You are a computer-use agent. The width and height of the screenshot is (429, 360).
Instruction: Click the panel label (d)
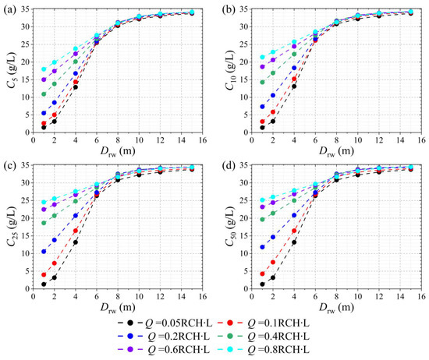point(229,166)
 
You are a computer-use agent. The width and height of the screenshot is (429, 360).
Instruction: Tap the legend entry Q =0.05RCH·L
point(165,323)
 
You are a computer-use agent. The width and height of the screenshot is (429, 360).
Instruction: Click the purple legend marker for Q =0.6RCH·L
point(130,350)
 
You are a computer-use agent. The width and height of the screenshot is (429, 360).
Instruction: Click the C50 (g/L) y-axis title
point(230,226)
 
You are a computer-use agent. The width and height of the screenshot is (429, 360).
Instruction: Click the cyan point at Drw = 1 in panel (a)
point(44,69)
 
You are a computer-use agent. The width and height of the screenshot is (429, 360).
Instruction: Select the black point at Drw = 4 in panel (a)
point(76,87)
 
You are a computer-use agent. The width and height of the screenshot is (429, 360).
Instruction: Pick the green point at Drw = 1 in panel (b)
point(262,82)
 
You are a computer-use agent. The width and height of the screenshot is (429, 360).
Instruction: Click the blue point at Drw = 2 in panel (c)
point(55,240)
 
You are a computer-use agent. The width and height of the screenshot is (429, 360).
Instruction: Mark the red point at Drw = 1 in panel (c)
point(44,274)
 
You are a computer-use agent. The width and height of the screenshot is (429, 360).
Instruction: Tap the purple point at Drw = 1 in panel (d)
point(262,207)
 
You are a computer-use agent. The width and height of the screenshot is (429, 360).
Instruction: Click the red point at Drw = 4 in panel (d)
point(294,231)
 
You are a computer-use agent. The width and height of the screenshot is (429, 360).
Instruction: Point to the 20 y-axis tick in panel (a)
point(25,62)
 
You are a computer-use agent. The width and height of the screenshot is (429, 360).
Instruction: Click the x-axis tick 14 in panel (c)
point(182,296)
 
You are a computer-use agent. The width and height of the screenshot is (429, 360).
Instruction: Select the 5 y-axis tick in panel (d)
point(246,271)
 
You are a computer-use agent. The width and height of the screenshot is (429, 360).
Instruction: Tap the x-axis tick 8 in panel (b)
point(336,140)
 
